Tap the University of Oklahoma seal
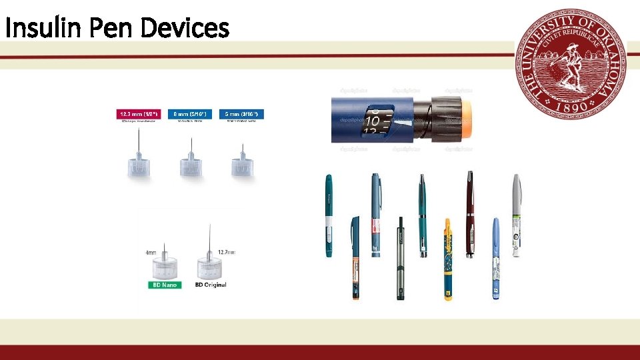pyautogui.click(x=571, y=63)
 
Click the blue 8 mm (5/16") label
pyautogui.click(x=189, y=115)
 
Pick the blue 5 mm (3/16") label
pyautogui.click(x=243, y=115)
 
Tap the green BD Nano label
pyautogui.click(x=164, y=285)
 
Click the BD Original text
pyautogui.click(x=211, y=285)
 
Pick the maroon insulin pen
pyautogui.click(x=471, y=213)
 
